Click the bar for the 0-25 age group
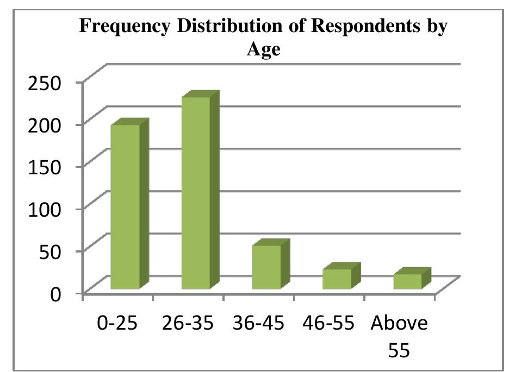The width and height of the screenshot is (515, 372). [126, 206]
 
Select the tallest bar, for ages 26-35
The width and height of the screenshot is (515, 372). [196, 193]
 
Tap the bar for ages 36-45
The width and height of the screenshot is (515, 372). [266, 267]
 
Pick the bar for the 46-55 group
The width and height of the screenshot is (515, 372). [337, 279]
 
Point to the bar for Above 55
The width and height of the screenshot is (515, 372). [407, 281]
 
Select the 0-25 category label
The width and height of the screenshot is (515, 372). [117, 323]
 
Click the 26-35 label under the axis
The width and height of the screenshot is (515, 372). [188, 323]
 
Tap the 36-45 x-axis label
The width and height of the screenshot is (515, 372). [258, 323]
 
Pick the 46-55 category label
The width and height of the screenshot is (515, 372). [329, 323]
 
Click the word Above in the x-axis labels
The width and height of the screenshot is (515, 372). [399, 323]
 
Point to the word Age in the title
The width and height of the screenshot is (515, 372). [264, 50]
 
